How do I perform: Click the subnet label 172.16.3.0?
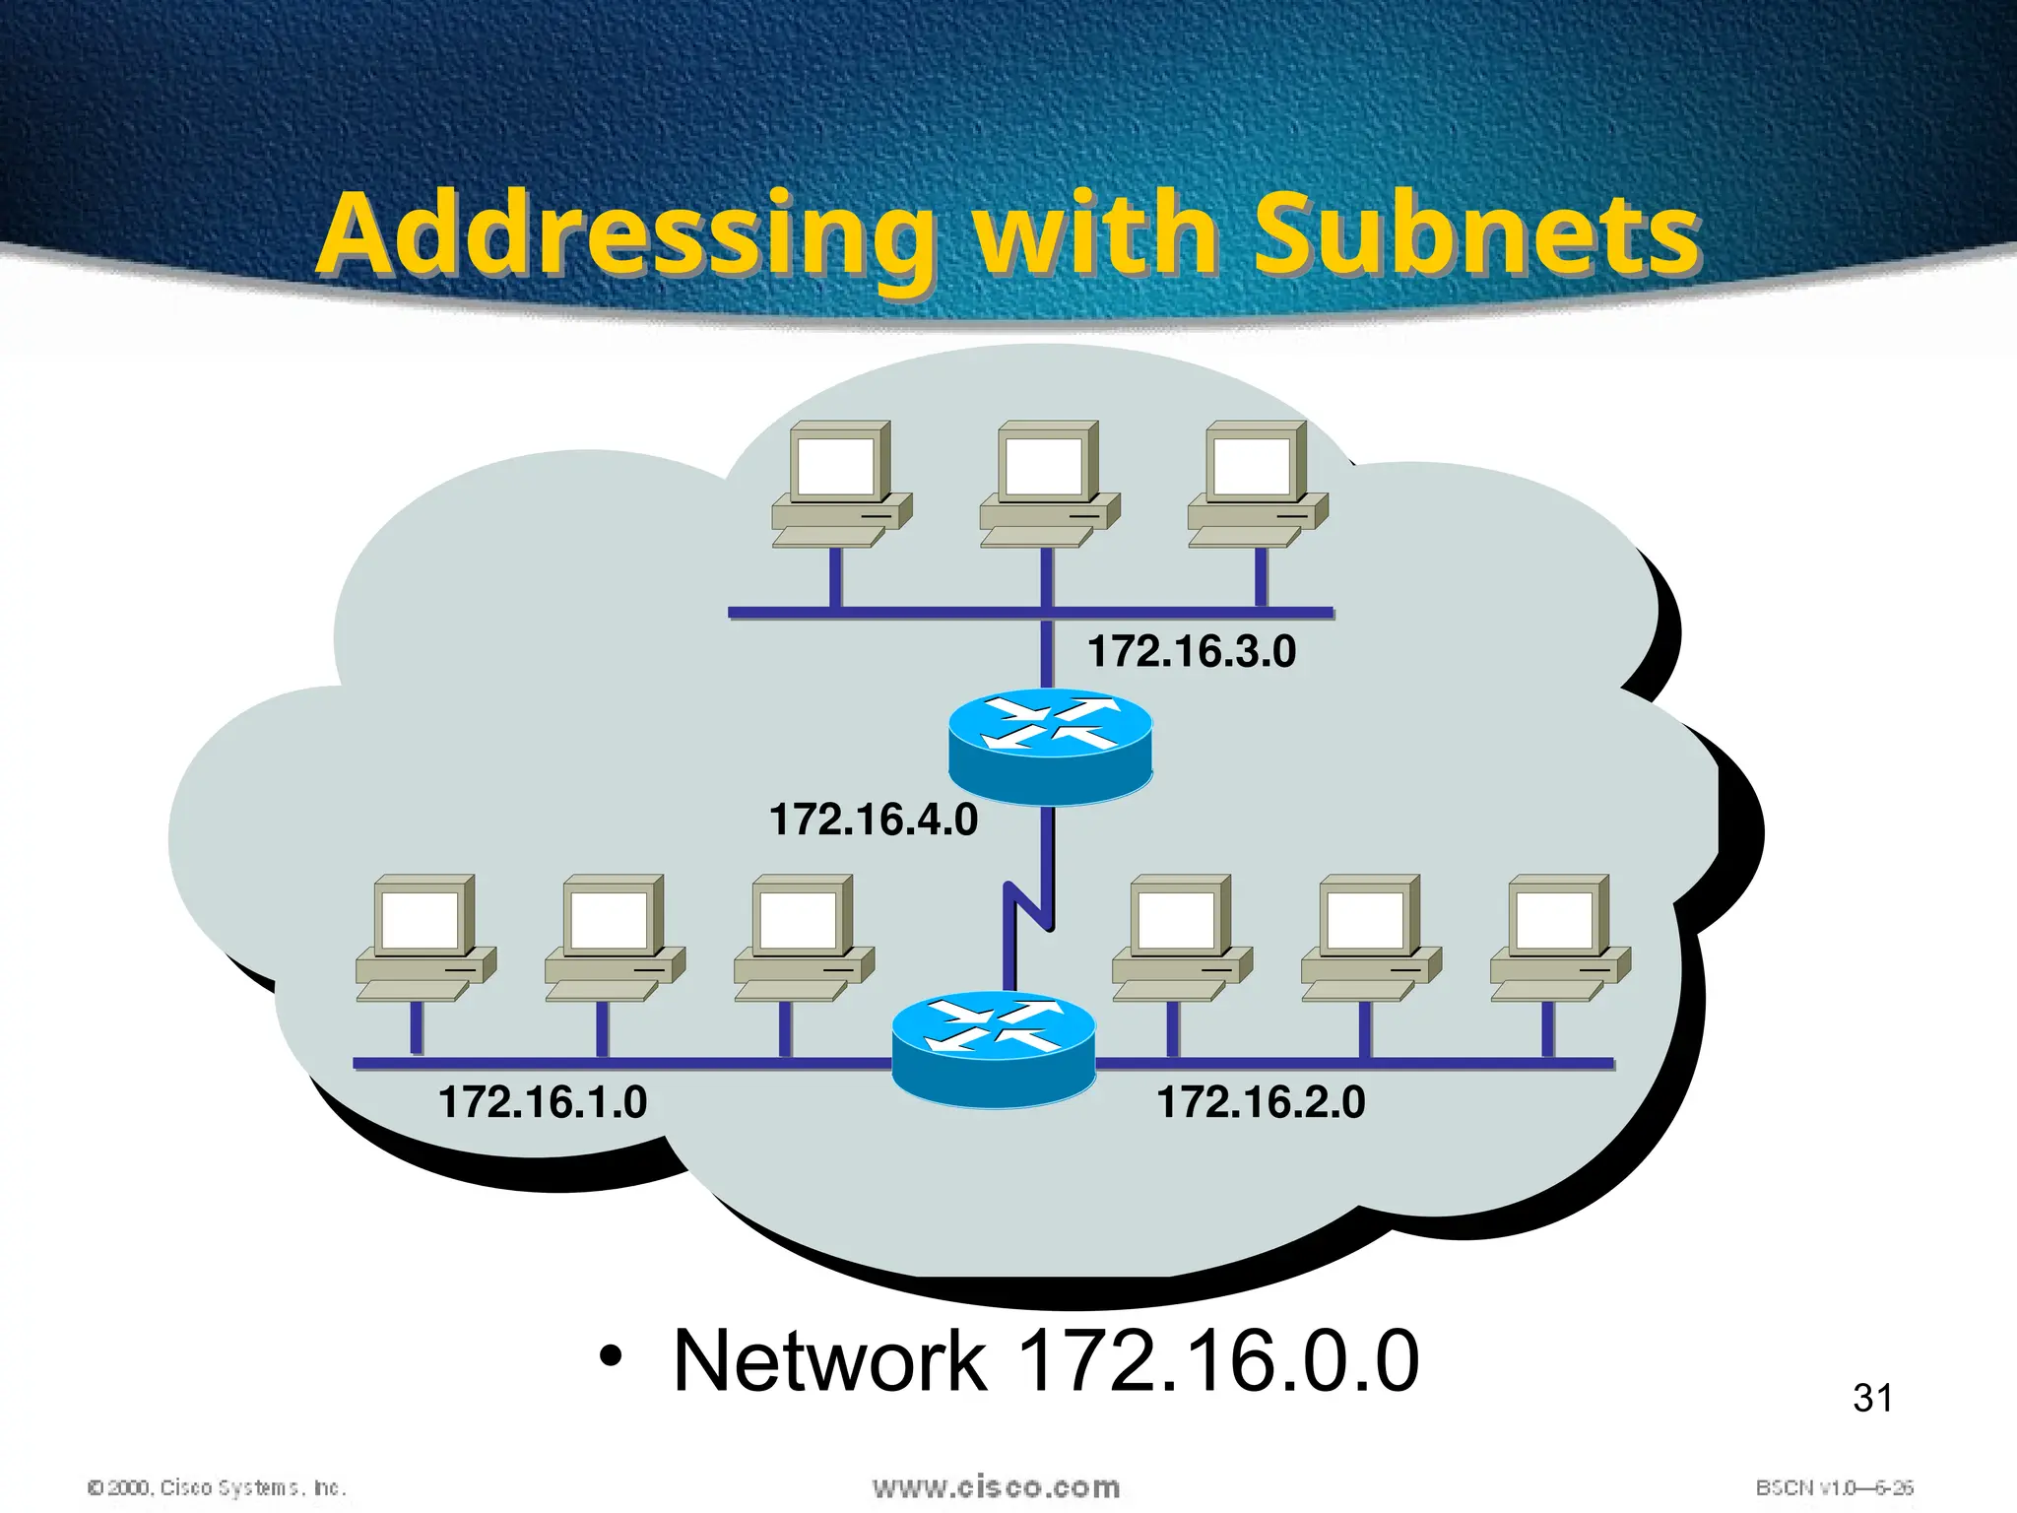1191,652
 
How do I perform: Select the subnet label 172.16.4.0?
873,820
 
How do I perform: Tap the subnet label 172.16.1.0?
543,1101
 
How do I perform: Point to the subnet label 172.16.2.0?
1261,1101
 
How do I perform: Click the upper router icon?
1050,746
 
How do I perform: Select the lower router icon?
993,1049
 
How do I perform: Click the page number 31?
1872,1398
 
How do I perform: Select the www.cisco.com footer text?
996,1486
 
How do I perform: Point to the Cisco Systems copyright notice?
217,1487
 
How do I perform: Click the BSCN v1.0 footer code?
1834,1487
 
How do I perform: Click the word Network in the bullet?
829,1361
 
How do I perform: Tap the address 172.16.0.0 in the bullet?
1217,1361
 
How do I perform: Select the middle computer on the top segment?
1048,485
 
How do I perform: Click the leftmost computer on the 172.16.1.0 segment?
424,937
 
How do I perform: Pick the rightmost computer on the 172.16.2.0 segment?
1559,937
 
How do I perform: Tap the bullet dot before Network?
611,1357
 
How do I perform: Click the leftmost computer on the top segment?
840,485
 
